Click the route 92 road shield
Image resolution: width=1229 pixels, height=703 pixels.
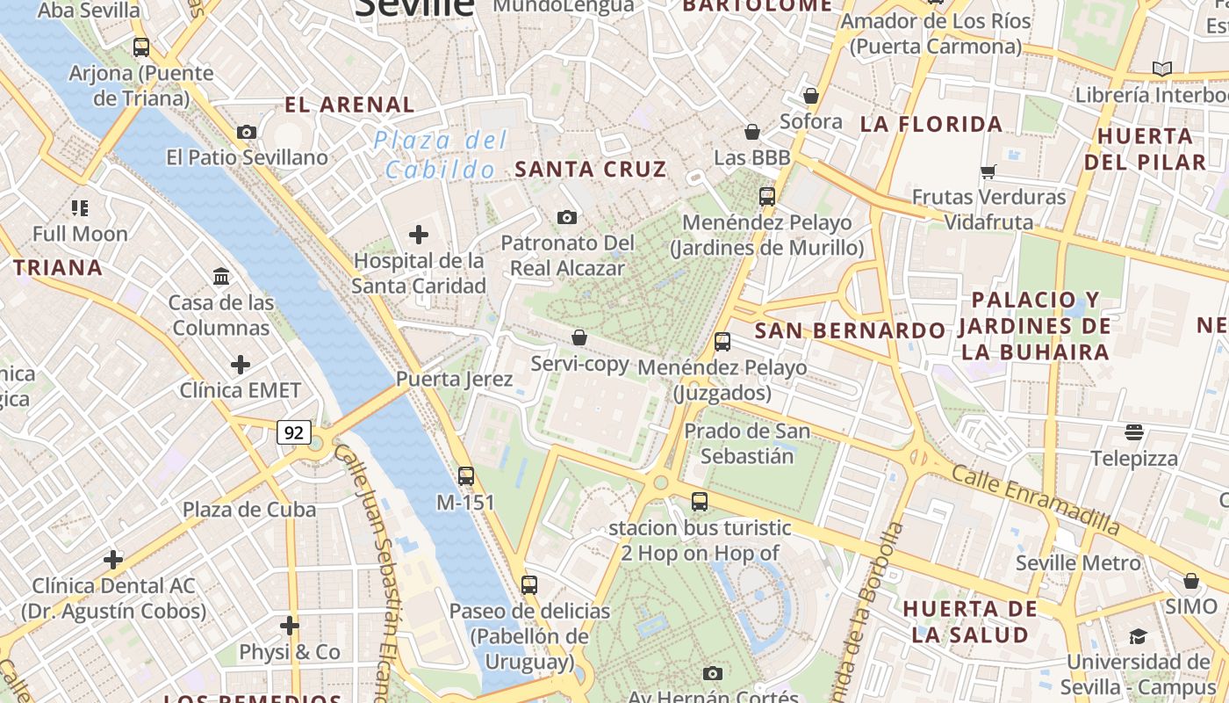coord(294,432)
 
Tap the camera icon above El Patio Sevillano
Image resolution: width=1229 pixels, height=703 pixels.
coord(247,133)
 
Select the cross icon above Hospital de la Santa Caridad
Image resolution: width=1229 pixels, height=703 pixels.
coord(419,235)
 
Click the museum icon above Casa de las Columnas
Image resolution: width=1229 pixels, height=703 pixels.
coord(221,277)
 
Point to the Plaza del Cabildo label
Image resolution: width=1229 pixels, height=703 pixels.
coord(440,154)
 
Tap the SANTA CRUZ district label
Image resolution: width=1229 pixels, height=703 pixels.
coord(591,169)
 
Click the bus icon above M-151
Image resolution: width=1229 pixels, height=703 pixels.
coord(466,476)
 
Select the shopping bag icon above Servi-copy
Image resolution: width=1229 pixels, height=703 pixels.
coord(579,337)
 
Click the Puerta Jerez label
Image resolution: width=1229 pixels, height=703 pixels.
coord(454,379)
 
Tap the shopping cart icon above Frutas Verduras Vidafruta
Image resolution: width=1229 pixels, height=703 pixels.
coord(988,171)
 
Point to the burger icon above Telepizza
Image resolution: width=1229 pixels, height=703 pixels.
coord(1134,432)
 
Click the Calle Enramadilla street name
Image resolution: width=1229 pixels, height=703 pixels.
coord(1036,500)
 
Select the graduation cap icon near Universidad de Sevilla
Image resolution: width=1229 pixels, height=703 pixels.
coord(1138,636)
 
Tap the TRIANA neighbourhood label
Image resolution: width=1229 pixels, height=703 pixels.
coord(58,267)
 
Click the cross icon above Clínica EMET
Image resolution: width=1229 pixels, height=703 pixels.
coord(240,365)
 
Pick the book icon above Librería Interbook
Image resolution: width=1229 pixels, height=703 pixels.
coord(1161,69)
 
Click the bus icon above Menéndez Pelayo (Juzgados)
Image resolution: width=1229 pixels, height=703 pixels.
coord(722,342)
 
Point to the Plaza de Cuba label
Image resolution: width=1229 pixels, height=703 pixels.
coord(249,510)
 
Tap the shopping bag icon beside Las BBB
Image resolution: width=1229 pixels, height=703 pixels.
coord(752,133)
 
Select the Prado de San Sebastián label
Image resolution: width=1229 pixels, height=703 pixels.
coord(747,443)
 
